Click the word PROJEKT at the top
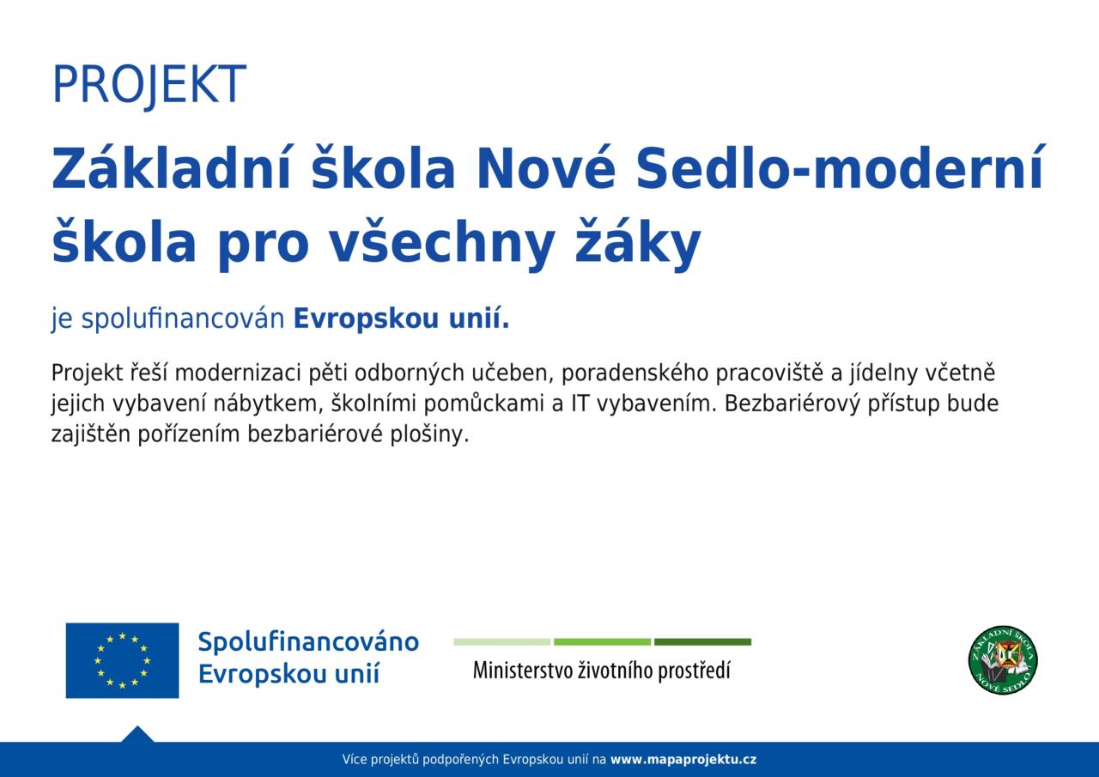(x=149, y=85)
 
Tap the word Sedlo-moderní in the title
(x=840, y=167)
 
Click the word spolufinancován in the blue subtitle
(x=183, y=319)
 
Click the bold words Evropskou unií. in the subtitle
(x=401, y=318)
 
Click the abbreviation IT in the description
(x=579, y=404)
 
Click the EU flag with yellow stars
(x=122, y=660)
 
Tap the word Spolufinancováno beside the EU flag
(x=308, y=642)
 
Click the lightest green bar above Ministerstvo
(x=501, y=641)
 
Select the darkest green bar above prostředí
(x=702, y=641)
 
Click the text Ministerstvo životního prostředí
(x=602, y=671)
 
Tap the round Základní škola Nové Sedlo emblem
(x=1003, y=660)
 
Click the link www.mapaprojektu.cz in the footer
(x=683, y=760)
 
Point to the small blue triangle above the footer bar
(x=137, y=735)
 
